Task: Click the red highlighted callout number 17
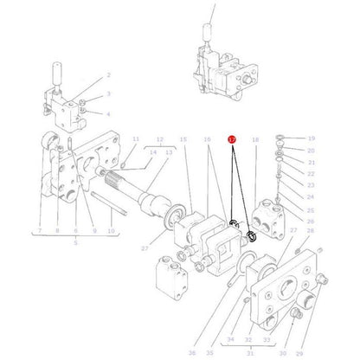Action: coord(231,138)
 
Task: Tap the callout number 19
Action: coord(311,138)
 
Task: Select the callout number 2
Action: coord(108,75)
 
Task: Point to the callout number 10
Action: coord(110,231)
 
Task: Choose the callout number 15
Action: coord(183,138)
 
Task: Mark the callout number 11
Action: coord(135,138)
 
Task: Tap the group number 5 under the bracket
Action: coord(75,243)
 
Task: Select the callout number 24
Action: coord(311,197)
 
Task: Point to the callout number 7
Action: coord(40,231)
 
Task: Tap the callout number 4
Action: coord(108,113)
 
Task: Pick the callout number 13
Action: coord(170,151)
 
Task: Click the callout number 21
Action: coord(311,162)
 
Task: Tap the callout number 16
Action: coord(208,138)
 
